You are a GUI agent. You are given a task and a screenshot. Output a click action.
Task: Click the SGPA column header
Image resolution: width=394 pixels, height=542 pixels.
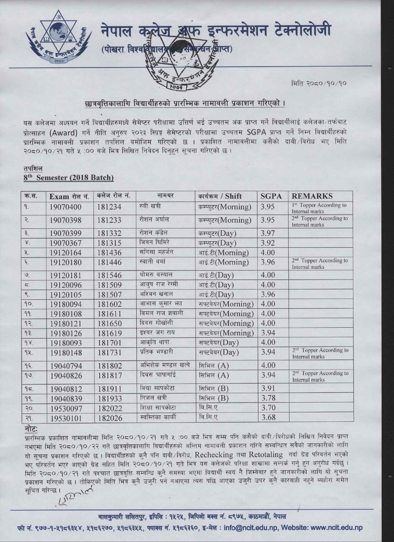click(x=271, y=196)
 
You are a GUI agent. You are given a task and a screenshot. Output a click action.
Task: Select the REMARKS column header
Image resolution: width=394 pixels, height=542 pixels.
click(x=312, y=196)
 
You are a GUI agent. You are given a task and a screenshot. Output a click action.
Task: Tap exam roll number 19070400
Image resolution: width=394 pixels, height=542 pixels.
click(x=66, y=207)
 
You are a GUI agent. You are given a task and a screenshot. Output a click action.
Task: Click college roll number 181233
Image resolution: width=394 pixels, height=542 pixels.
click(x=109, y=220)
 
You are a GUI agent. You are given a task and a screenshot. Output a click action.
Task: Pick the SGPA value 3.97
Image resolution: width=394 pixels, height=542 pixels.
click(x=268, y=233)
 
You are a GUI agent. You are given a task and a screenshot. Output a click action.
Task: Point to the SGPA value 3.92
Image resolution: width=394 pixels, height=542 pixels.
click(x=268, y=243)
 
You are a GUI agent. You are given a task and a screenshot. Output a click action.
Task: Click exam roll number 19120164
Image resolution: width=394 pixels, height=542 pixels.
click(x=66, y=253)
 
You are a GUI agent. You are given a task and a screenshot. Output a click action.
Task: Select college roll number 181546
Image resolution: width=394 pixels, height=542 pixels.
click(x=109, y=275)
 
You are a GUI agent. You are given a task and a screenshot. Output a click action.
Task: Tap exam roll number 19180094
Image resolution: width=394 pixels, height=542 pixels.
click(x=66, y=304)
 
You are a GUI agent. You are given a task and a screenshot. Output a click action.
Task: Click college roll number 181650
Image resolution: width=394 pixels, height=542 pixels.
click(x=109, y=324)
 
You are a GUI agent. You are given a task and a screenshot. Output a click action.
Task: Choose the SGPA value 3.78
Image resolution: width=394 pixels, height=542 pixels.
click(x=268, y=398)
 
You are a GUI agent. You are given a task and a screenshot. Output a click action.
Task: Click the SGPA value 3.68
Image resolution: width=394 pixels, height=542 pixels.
click(x=268, y=418)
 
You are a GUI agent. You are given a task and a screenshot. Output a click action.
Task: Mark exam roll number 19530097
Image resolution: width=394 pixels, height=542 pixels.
click(x=66, y=409)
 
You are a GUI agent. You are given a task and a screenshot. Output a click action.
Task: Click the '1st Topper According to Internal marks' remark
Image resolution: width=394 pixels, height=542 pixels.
click(x=319, y=208)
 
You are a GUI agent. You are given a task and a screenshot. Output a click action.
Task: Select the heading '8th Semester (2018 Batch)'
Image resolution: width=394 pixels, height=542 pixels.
click(x=69, y=178)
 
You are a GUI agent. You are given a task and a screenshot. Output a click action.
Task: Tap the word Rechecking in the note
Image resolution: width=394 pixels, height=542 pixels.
click(x=214, y=455)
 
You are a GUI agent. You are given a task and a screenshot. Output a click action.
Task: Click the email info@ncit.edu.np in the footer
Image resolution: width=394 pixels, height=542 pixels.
click(x=250, y=528)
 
